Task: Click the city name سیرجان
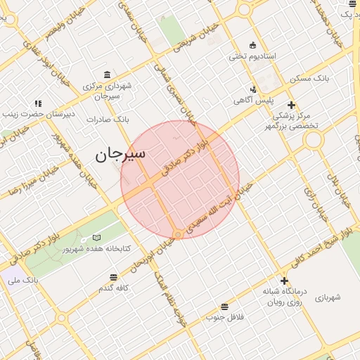120,154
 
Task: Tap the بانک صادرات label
108,120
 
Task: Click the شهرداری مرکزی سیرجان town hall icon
106,75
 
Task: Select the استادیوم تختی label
255,56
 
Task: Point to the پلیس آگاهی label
253,101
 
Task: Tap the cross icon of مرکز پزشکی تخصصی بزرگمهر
291,105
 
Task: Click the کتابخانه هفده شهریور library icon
96,238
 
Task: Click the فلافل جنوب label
224,317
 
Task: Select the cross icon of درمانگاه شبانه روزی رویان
284,280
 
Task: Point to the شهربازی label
327,297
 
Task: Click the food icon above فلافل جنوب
224,307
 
